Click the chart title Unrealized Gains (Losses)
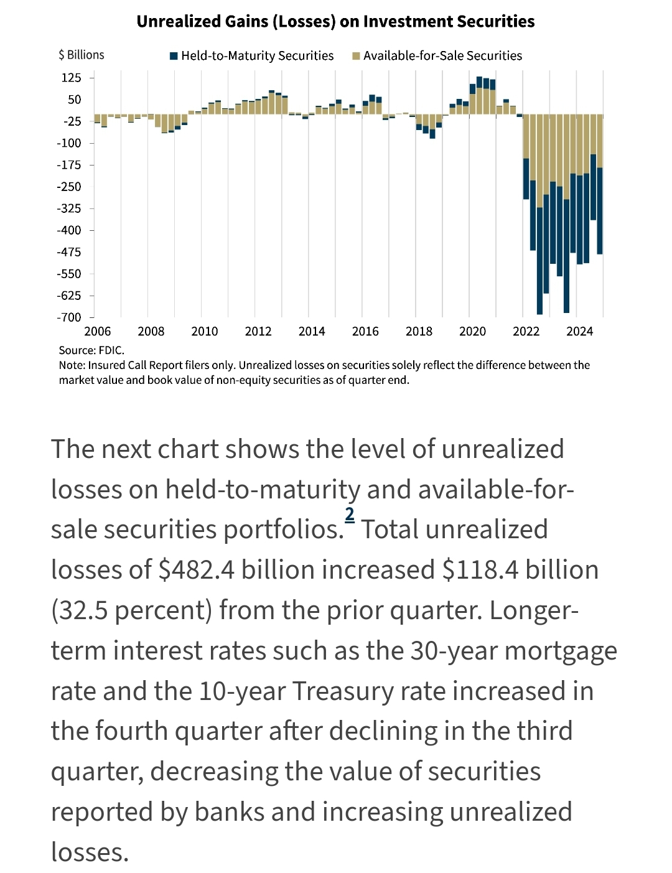[x=335, y=22]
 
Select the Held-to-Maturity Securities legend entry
[x=251, y=56]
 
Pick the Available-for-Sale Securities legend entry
[x=437, y=56]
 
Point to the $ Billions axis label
[x=82, y=55]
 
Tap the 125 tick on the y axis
[x=71, y=78]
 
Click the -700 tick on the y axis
[x=69, y=317]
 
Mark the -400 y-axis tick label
[x=69, y=230]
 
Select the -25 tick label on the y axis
[x=72, y=121]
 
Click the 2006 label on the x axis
[x=98, y=331]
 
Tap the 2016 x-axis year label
[x=365, y=331]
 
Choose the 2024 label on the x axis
[x=579, y=331]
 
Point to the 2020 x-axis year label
[x=472, y=331]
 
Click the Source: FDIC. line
[x=91, y=350]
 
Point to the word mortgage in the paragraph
[x=561, y=651]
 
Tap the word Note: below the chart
[x=72, y=365]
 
